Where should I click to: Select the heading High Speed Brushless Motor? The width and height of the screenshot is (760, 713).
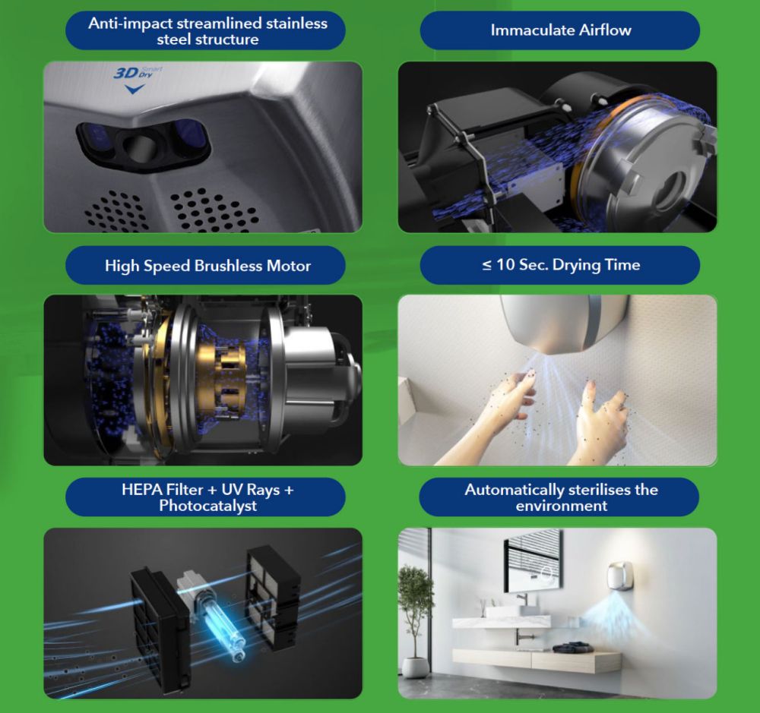(x=207, y=266)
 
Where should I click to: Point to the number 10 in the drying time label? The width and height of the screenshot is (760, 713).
(x=505, y=264)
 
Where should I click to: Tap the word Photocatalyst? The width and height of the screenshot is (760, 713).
(x=208, y=506)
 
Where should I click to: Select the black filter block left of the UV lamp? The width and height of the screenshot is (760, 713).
(x=160, y=625)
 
